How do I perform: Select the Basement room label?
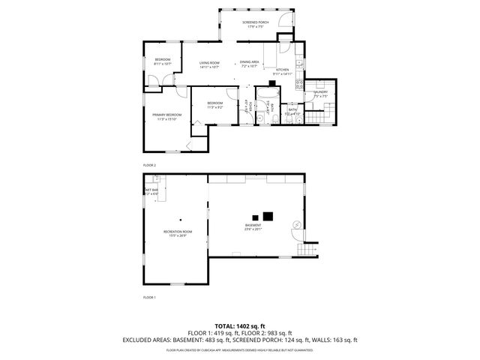click(253, 226)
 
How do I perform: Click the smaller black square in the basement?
click(256, 217)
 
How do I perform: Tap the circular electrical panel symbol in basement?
click(298, 225)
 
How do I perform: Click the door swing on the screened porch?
click(282, 20)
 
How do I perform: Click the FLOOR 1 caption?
click(149, 297)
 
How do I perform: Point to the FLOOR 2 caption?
click(149, 165)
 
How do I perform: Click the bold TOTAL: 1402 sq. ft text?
click(239, 325)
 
